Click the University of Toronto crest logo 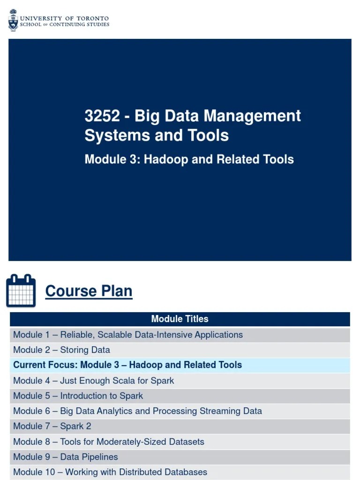click(x=13, y=21)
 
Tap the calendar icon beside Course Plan click(x=21, y=291)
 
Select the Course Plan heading click(x=89, y=291)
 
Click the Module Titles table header click(x=180, y=319)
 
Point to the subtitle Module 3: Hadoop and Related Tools click(x=189, y=159)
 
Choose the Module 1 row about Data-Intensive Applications click(x=128, y=335)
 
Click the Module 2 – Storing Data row click(x=61, y=350)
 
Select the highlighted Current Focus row click(x=127, y=365)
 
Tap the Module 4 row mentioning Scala click(x=93, y=381)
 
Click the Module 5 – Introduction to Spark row click(x=78, y=396)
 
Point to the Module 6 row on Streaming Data click(x=137, y=411)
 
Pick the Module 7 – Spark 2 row click(x=52, y=426)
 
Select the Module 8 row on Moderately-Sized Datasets click(x=108, y=442)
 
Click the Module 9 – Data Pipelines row click(x=65, y=457)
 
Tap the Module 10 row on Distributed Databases click(x=110, y=472)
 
